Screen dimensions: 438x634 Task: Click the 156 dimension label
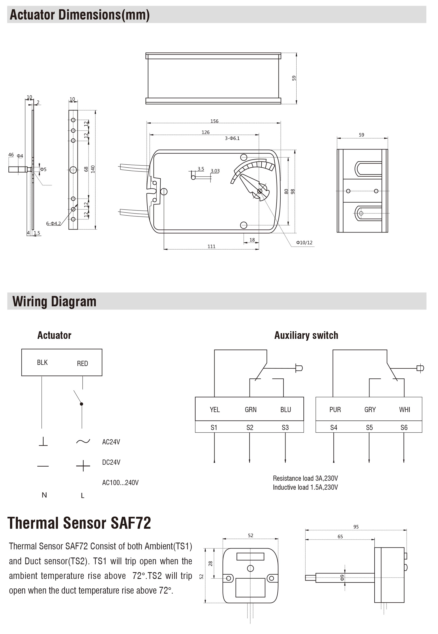point(214,121)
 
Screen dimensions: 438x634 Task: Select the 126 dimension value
point(206,132)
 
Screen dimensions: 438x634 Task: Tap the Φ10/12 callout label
point(304,243)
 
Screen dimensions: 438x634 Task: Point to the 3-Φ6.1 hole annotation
point(232,138)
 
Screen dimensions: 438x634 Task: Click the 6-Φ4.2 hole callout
point(53,224)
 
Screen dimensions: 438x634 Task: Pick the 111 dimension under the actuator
point(211,247)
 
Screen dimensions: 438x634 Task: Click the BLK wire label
point(42,362)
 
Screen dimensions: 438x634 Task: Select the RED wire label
point(82,364)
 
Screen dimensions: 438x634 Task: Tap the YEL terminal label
point(215,410)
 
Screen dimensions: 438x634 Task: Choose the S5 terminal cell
point(369,428)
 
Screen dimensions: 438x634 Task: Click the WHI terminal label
point(404,410)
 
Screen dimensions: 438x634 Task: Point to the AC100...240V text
point(120,483)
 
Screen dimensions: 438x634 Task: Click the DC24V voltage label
point(111,462)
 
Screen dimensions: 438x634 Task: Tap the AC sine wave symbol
point(83,442)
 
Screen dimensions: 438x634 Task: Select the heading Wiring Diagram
point(54,301)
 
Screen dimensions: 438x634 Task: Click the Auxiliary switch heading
point(306,335)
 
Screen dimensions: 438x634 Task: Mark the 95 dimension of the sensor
point(356,527)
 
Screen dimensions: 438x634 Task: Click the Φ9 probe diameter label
point(342,578)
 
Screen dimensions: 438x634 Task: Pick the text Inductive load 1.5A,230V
point(305,487)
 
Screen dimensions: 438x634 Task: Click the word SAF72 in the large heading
point(131,523)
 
